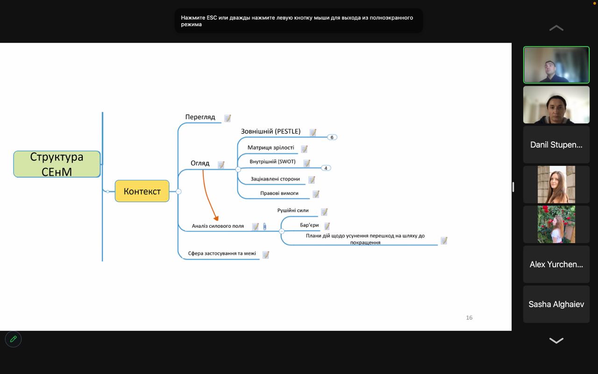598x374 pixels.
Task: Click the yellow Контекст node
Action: [142, 191]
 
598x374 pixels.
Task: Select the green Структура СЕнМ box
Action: [57, 164]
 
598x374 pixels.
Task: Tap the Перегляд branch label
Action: [200, 117]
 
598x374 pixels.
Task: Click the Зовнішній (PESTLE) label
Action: [271, 131]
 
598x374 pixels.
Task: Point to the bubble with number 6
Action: [332, 137]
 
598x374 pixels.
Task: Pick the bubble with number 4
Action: [326, 168]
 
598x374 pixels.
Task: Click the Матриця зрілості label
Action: [271, 147]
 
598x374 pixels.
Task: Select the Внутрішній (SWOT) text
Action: [272, 162]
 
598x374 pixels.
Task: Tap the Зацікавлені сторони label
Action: [275, 179]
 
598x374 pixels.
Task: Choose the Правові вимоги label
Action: [279, 193]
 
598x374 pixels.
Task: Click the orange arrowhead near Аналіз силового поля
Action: [216, 218]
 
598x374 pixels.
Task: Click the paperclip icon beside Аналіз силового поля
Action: [264, 227]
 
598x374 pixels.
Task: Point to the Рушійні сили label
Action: [293, 210]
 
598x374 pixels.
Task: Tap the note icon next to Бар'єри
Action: [327, 226]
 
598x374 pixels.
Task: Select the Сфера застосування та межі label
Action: [222, 253]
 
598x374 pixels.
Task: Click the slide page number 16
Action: [469, 317]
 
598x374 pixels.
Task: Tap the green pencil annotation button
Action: [14, 339]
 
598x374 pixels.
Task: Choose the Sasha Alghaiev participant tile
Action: [556, 304]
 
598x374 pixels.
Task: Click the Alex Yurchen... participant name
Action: [556, 265]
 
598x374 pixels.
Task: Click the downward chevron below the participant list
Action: [556, 340]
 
